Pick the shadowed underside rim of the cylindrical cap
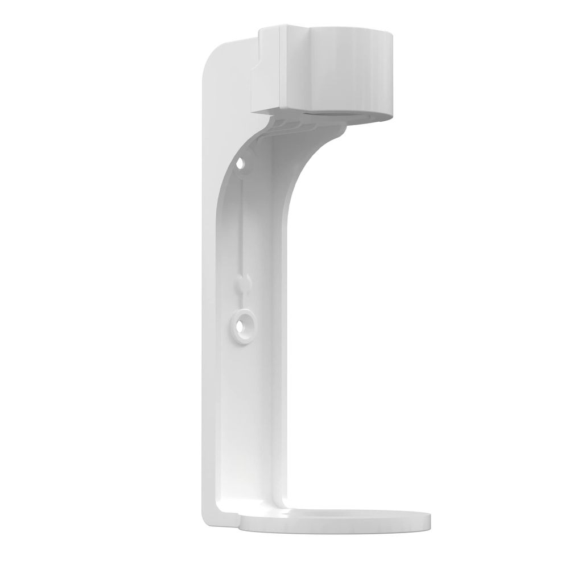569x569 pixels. pos(341,114)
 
